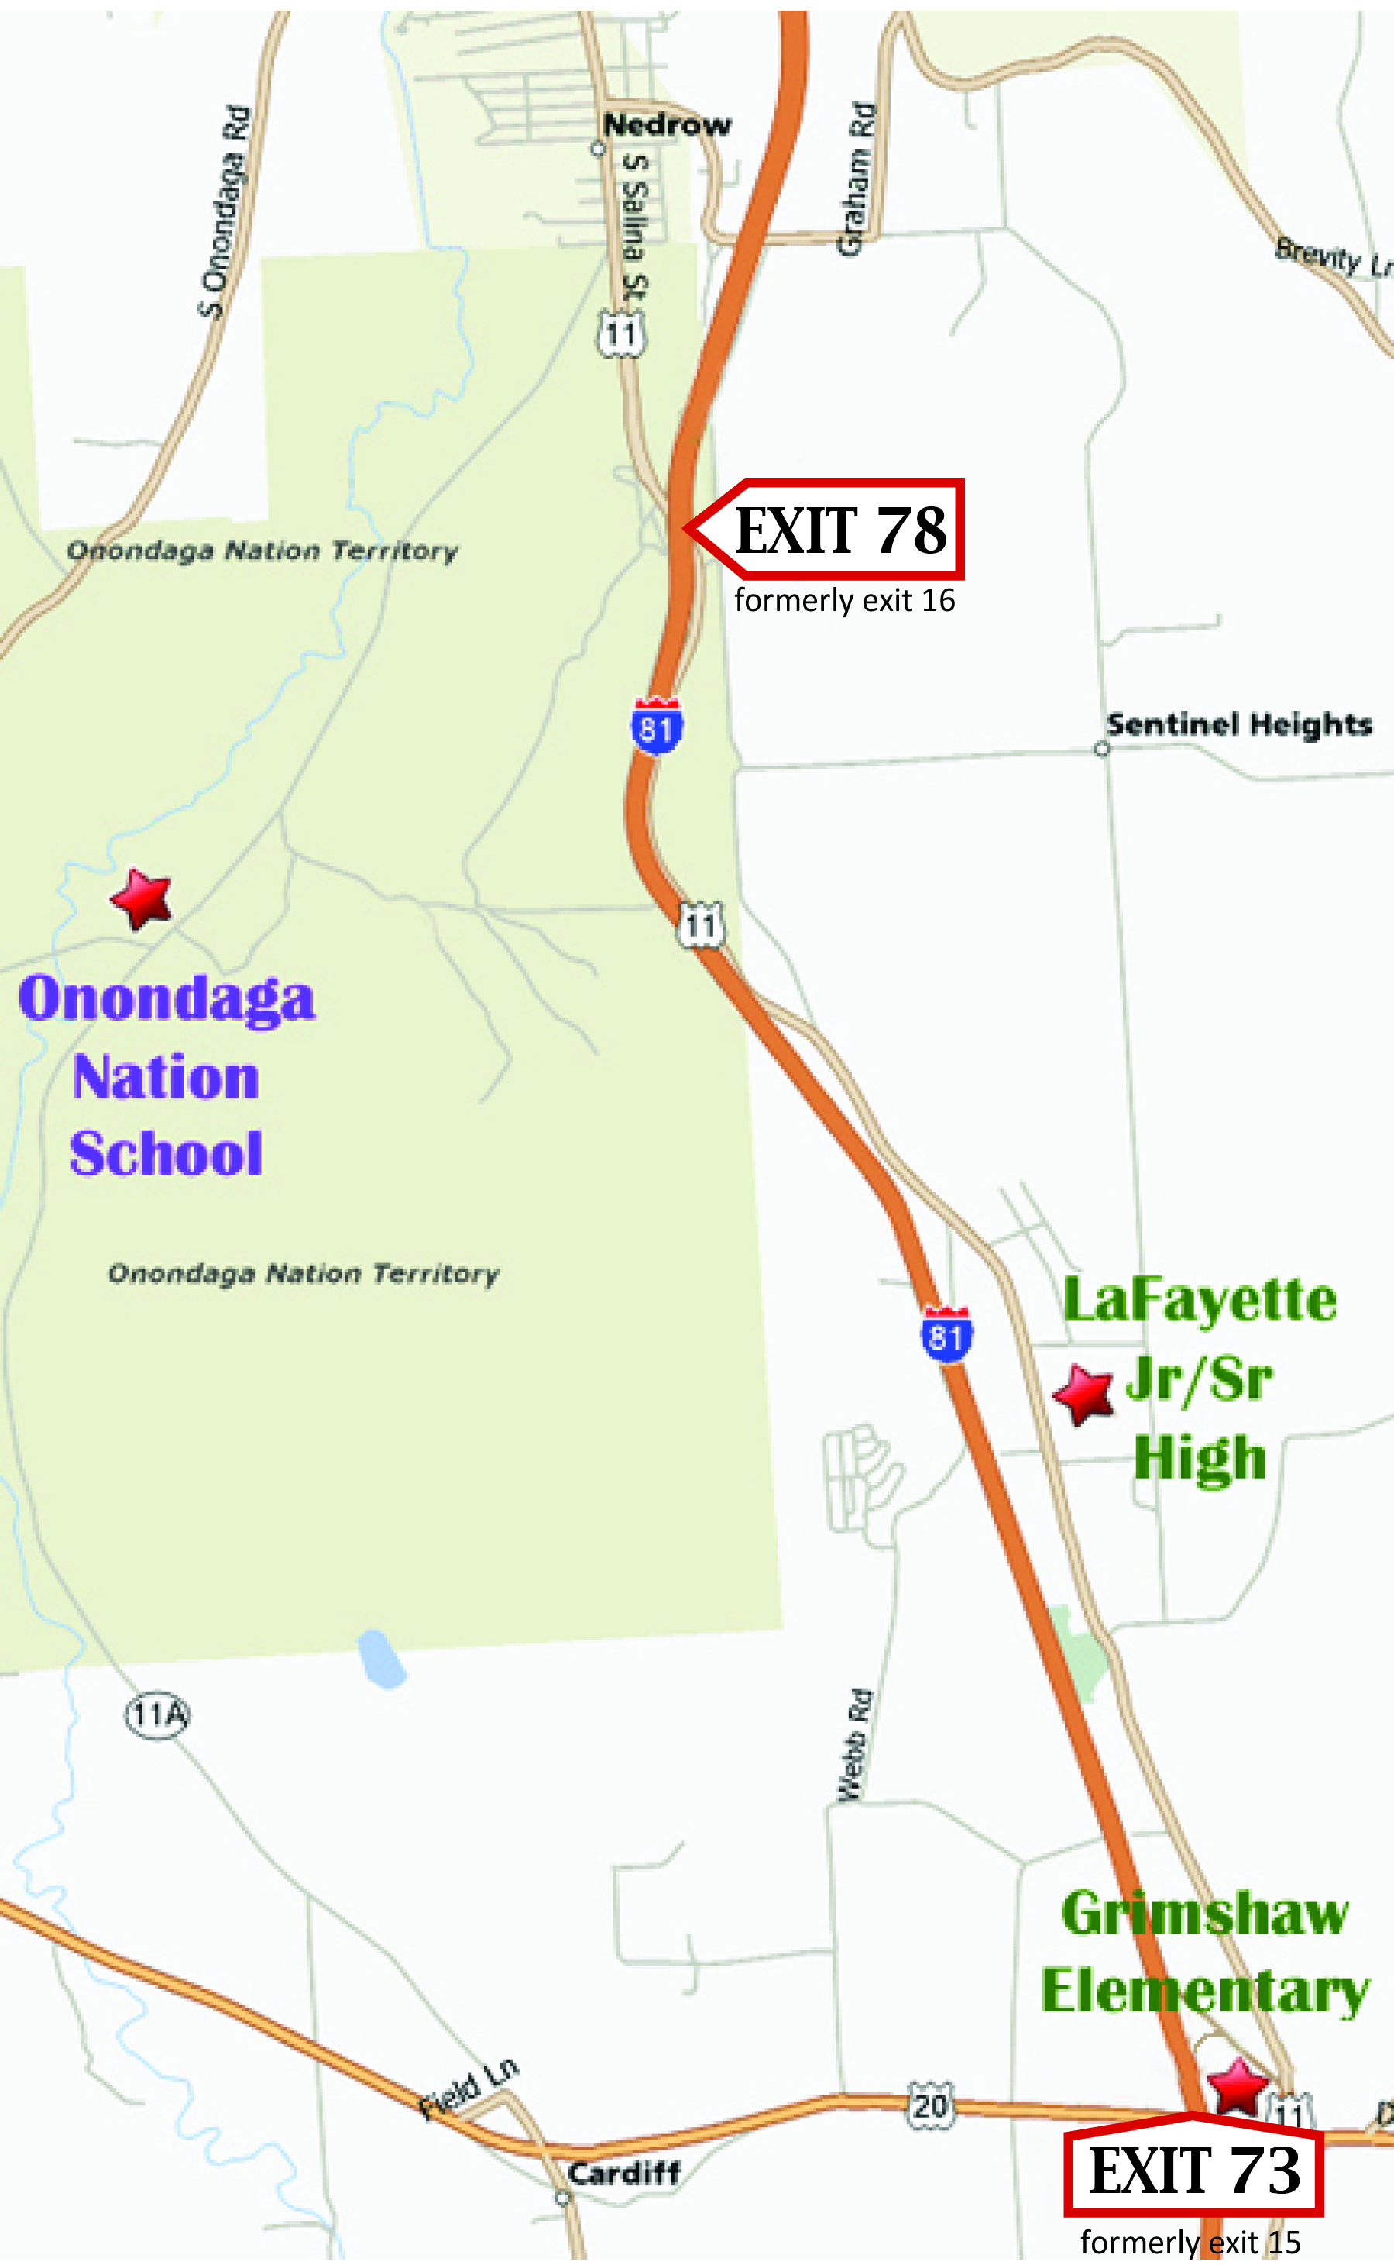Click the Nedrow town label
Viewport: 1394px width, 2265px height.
pyautogui.click(x=667, y=125)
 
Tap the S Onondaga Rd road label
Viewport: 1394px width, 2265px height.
pyautogui.click(x=225, y=212)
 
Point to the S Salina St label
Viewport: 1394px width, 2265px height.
pyautogui.click(x=634, y=226)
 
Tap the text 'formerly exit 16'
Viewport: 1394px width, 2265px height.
pyautogui.click(x=843, y=601)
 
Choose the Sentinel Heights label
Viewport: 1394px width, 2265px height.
pyautogui.click(x=1238, y=725)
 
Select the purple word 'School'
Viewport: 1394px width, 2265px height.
pyautogui.click(x=167, y=1153)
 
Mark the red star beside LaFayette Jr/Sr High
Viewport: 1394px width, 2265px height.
pyautogui.click(x=1083, y=1394)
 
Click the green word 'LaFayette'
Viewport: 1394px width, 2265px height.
pyautogui.click(x=1200, y=1300)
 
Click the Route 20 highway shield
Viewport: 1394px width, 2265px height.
pyautogui.click(x=929, y=2105)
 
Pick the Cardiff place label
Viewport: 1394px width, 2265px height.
pyautogui.click(x=623, y=2173)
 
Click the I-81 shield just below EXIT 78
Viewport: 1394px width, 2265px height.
pyautogui.click(x=657, y=728)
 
